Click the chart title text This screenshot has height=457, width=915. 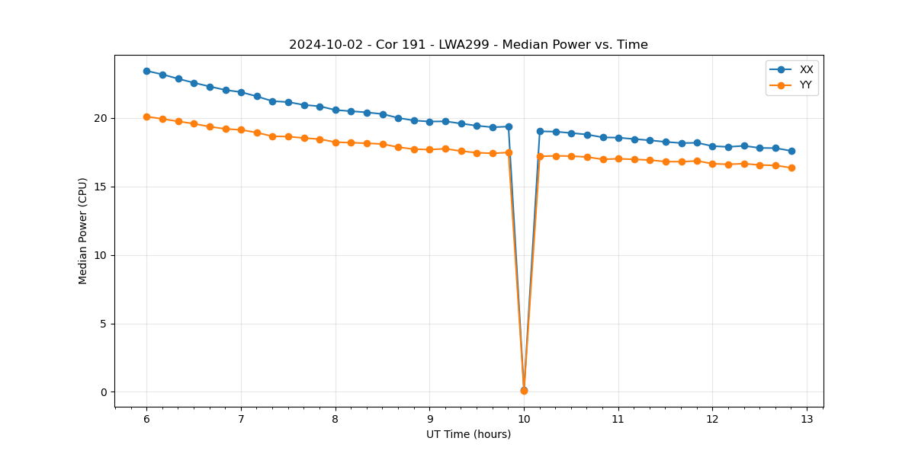468,45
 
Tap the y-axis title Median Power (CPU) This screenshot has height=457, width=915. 83,231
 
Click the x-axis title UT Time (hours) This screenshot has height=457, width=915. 468,434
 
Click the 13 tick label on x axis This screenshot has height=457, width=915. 807,419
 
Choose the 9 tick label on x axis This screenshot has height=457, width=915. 429,419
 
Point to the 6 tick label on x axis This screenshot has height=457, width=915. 146,419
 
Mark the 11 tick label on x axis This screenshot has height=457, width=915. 618,419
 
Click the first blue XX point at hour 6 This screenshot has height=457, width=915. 146,71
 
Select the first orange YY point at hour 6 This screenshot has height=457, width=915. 146,117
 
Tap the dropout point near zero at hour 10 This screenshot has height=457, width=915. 524,390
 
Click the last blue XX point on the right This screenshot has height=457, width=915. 791,151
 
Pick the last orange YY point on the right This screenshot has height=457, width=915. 791,168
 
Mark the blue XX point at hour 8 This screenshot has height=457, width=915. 335,110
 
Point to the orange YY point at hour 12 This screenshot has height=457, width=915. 712,164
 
